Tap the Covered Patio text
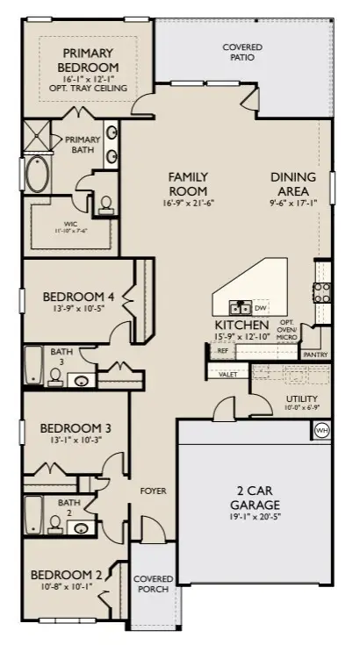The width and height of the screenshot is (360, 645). tap(243, 53)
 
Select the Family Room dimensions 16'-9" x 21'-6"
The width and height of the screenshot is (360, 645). tap(189, 203)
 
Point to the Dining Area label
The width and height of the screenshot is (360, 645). tap(292, 183)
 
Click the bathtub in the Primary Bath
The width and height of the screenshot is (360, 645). tap(37, 176)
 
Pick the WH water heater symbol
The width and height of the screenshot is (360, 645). tap(321, 431)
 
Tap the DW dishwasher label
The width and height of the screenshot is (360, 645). tap(260, 308)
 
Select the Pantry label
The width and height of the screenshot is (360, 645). tap(313, 355)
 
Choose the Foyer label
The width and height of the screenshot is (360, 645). tap(153, 491)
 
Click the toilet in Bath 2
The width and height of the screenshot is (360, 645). tap(54, 525)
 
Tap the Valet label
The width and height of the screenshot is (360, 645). tap(228, 374)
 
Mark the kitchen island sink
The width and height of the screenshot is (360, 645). tap(238, 307)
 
